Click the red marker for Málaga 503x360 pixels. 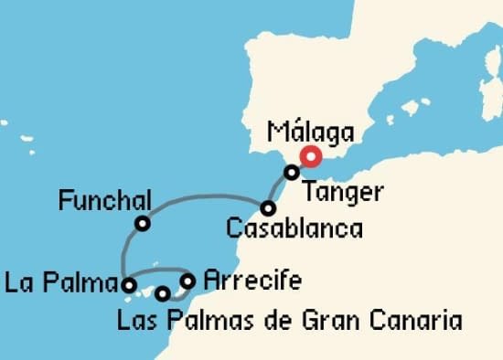click(311, 156)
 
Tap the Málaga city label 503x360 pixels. click(311, 132)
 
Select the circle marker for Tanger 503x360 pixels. click(291, 172)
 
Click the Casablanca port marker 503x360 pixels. click(268, 207)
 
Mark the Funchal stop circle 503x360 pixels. click(143, 223)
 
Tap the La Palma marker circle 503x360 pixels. click(130, 285)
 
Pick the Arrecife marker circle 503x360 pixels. click(187, 281)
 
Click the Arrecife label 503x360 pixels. click(252, 280)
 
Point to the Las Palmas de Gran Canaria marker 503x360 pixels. click(163, 293)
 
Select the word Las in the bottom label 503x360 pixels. click(138, 321)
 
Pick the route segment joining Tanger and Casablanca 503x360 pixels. click(279, 189)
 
